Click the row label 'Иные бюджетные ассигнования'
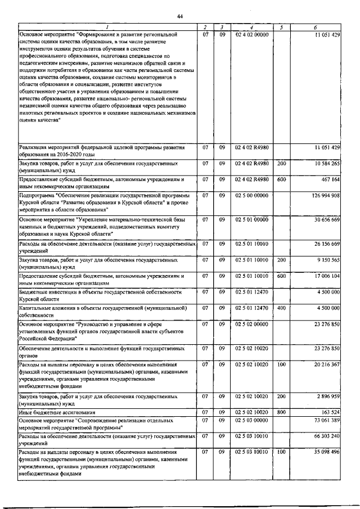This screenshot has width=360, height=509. [x=57, y=412]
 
